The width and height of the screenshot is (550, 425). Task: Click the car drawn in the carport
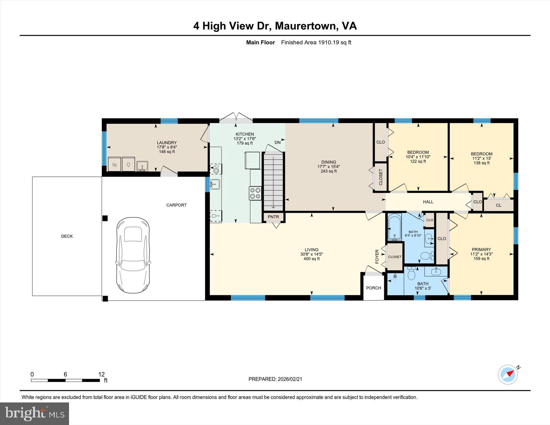coord(133,255)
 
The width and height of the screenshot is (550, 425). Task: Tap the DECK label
coord(67,236)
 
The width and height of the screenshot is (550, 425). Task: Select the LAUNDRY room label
coord(167,143)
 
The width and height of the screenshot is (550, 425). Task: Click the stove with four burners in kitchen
coord(255,193)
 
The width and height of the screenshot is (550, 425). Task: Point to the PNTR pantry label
coord(273,217)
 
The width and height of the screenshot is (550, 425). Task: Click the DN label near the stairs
coord(277,143)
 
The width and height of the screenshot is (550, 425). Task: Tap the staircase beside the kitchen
coord(273,181)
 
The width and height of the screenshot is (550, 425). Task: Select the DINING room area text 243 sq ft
coord(328,171)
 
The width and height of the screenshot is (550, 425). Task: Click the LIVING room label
coord(312,250)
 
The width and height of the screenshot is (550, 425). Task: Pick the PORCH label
coord(374,288)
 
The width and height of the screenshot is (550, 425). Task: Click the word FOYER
coord(377,256)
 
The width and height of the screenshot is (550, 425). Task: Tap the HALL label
coord(428,202)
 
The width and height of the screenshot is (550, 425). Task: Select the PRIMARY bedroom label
coord(481,249)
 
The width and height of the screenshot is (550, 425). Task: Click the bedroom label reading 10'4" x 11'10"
coord(418,152)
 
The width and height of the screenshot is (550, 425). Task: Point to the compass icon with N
coord(508,374)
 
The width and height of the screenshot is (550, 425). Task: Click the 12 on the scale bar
coord(101,374)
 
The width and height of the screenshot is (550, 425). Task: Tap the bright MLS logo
coord(34,413)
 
